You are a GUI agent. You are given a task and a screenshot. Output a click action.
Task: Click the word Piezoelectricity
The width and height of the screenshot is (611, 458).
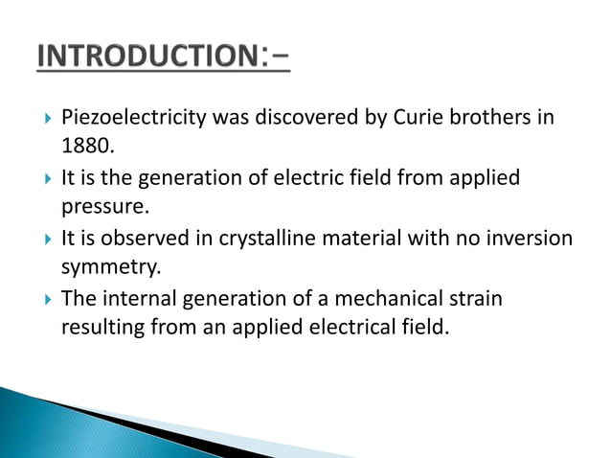point(124,120)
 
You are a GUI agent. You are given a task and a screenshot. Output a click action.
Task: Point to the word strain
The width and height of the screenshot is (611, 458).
point(475,299)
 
